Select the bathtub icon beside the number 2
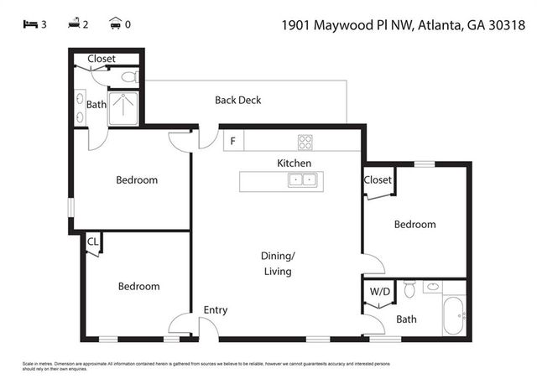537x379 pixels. [73, 24]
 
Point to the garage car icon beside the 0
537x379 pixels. [114, 24]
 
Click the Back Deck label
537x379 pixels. [237, 100]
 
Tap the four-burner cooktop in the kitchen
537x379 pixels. [304, 142]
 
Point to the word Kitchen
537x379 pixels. [295, 163]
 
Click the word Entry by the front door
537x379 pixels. [216, 310]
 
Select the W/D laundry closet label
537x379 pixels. [380, 291]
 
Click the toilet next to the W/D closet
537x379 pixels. [409, 289]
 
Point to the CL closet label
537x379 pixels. [92, 241]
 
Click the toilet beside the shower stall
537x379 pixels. [128, 77]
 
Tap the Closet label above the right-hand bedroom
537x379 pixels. [378, 179]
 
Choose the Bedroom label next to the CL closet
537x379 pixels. [138, 287]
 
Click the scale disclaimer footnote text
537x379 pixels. [193, 366]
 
